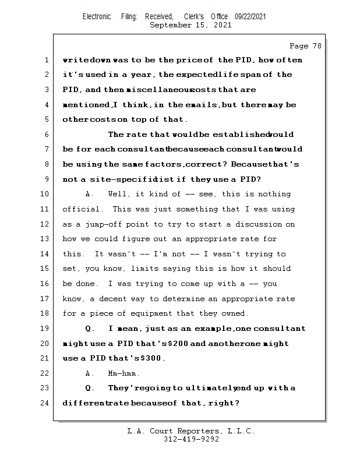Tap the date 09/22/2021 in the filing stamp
click(250, 17)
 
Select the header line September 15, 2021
click(190, 26)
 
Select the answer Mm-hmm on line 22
click(123, 373)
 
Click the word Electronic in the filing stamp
click(97, 17)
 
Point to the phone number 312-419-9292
click(191, 440)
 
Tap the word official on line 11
click(82, 209)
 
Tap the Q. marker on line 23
click(90, 388)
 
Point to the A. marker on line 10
click(90, 194)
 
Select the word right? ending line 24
click(227, 403)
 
